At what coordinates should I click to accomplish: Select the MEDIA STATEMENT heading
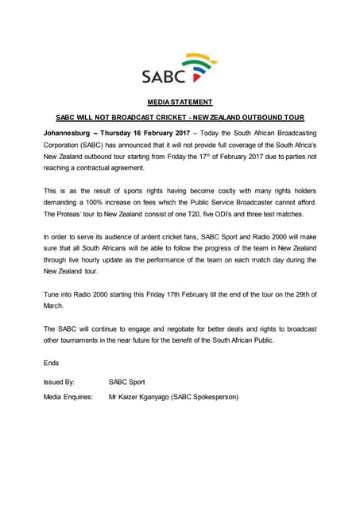point(180,102)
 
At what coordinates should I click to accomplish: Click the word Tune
point(52,295)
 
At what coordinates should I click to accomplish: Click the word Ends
point(52,362)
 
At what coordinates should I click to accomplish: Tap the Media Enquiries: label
point(68,396)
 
